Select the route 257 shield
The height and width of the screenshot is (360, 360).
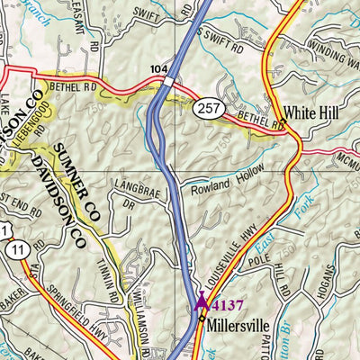[x=206, y=108]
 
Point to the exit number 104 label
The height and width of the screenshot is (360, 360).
[x=159, y=68]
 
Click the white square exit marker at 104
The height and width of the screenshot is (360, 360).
[x=169, y=82]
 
